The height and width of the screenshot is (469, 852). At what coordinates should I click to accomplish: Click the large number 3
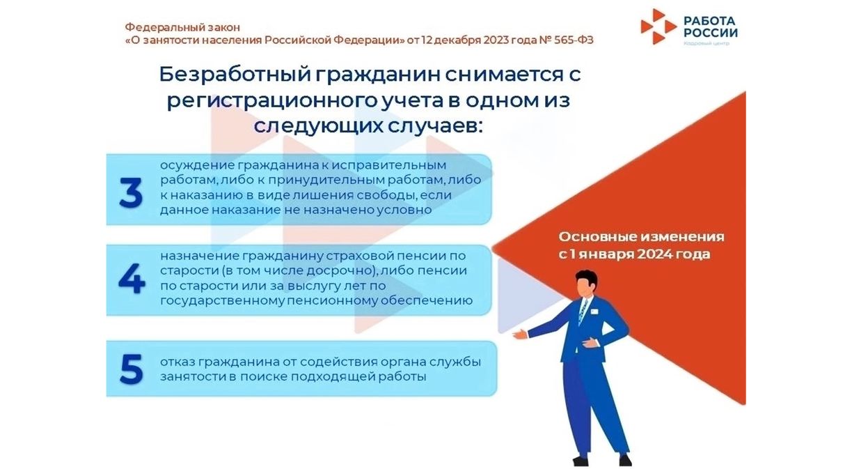coord(131,192)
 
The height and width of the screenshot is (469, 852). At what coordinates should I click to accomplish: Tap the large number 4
coord(132,279)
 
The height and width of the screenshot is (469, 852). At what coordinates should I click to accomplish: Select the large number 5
coord(132,369)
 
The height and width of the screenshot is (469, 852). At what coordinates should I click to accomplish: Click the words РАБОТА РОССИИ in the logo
coord(710,26)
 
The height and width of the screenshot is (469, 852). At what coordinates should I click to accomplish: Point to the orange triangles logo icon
coord(658,26)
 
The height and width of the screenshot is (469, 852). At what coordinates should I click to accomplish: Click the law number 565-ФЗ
coord(574,40)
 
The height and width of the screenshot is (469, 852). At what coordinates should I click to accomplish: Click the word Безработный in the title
coord(235,75)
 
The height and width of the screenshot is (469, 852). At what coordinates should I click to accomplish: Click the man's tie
coord(583,311)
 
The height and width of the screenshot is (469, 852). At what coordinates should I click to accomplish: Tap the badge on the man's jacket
coord(594,312)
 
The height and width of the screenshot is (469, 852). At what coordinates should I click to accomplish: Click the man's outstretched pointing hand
coord(520,335)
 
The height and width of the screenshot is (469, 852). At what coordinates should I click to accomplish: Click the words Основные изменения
coord(641,237)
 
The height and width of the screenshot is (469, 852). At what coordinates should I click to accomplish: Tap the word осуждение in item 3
coord(198,166)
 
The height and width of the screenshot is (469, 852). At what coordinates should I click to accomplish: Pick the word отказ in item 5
coord(177,361)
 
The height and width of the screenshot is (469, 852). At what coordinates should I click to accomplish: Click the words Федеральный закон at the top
coord(182,27)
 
